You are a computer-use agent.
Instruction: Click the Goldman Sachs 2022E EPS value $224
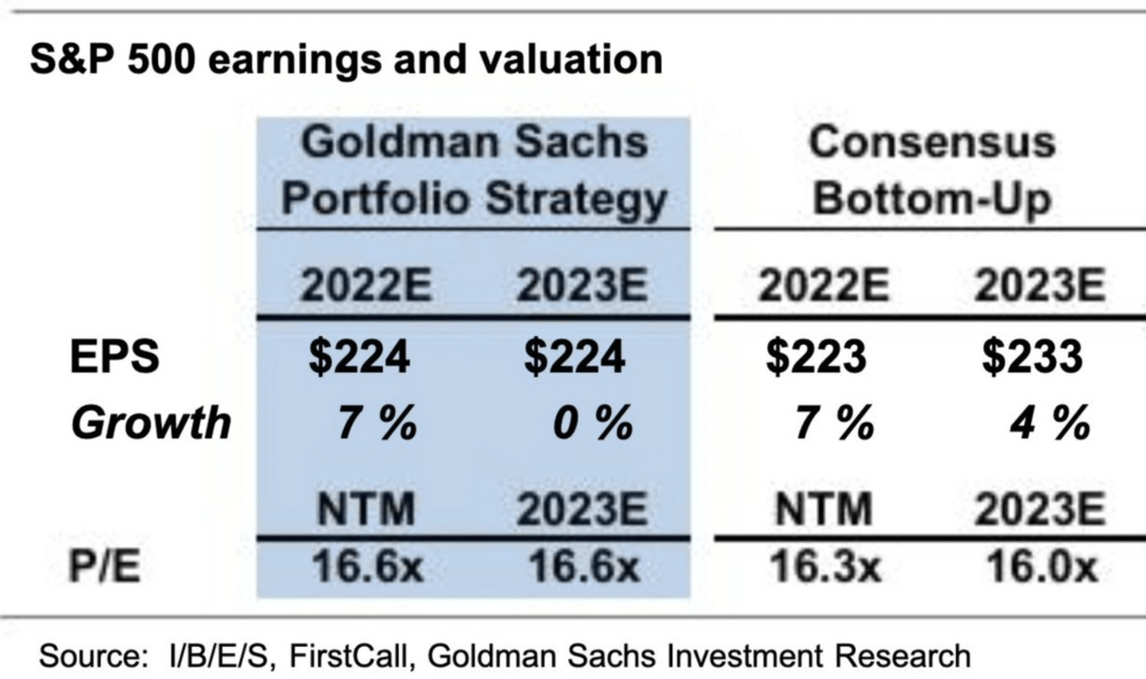coord(359,357)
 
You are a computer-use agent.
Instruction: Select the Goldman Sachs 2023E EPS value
coord(574,357)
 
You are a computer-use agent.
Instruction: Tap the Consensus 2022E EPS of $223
coord(816,357)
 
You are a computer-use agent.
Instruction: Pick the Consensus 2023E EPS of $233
coord(1032,357)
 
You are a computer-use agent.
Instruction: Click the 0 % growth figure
coord(592,423)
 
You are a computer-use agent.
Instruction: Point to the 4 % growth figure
coord(1050,423)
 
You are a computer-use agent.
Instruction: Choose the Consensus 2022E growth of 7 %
coord(834,423)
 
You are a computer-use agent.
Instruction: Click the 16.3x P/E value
coord(825,566)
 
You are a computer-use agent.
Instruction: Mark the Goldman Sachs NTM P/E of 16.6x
coord(367,566)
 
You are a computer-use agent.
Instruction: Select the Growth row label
coord(151,423)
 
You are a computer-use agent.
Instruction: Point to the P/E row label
coord(105,567)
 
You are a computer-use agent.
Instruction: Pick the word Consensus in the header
coord(932,142)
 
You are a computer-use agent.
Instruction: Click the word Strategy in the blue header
coord(576,199)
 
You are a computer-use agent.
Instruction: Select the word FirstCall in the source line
coord(351,655)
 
